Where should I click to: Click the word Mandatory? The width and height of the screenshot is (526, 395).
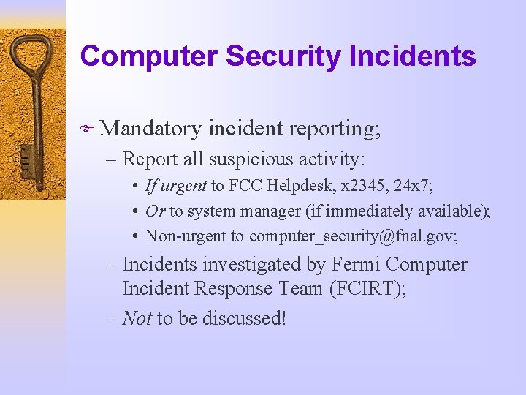[150, 129]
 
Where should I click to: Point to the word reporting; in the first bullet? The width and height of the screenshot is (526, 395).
[335, 129]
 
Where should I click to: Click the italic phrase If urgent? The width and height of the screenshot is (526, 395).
[175, 186]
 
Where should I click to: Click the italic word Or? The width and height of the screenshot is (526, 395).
[155, 211]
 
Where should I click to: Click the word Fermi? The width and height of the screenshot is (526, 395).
[356, 264]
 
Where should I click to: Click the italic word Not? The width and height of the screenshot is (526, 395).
[137, 318]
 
